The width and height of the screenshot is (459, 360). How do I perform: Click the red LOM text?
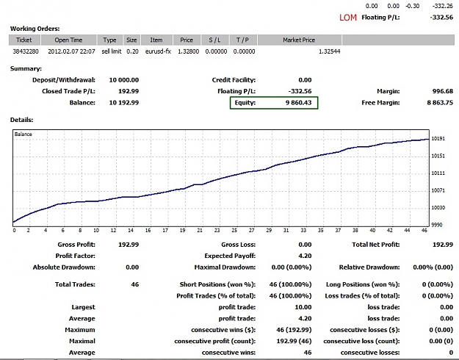pyautogui.click(x=348, y=18)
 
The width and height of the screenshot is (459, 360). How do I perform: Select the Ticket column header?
pyautogui.click(x=24, y=40)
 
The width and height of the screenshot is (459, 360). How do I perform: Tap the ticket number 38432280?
pyautogui.click(x=26, y=51)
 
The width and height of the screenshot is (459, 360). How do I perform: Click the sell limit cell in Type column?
pyautogui.click(x=112, y=51)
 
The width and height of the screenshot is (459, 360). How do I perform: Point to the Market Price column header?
pyautogui.click(x=299, y=40)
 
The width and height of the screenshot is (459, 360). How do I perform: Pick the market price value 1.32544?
pyautogui.click(x=329, y=51)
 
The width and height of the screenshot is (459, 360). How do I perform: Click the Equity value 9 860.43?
pyautogui.click(x=299, y=103)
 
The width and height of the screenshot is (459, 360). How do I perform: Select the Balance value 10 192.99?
pyautogui.click(x=124, y=103)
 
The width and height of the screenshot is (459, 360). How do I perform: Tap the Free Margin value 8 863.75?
pyautogui.click(x=440, y=103)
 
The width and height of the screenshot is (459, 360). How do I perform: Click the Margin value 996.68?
pyautogui.click(x=443, y=91)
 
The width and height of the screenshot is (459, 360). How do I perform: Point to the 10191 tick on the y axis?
pyautogui.click(x=438, y=139)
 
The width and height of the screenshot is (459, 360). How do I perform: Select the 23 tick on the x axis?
pyautogui.click(x=217, y=231)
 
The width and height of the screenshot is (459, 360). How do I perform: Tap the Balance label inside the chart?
pyautogui.click(x=23, y=134)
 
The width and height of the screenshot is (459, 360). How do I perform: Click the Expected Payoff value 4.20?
pyautogui.click(x=305, y=256)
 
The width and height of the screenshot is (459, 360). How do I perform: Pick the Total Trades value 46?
pyautogui.click(x=135, y=284)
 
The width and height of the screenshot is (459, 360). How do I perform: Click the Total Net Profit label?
pyautogui.click(x=376, y=245)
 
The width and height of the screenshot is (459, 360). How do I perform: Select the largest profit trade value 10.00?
pyautogui.click(x=303, y=307)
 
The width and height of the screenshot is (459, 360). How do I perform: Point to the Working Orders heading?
pyautogui.click(x=35, y=29)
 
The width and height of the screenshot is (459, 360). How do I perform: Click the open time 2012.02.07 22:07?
pyautogui.click(x=71, y=51)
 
